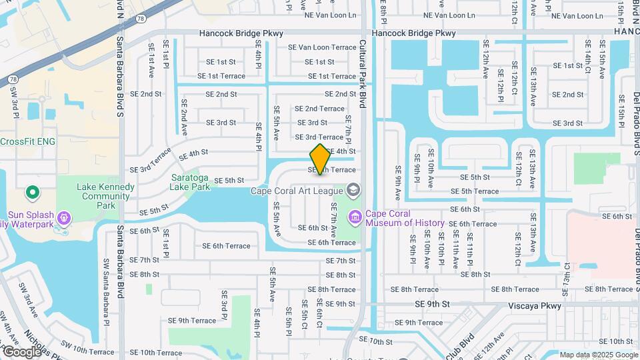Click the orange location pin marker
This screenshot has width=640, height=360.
click(320, 159)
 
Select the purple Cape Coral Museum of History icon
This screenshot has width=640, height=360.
click(355, 217)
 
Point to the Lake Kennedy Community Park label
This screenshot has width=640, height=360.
click(97, 197)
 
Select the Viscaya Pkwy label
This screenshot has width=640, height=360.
click(533, 305)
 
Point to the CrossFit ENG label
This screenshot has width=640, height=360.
click(27, 141)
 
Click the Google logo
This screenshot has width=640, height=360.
click(21, 351)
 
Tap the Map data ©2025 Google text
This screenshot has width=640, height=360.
click(599, 355)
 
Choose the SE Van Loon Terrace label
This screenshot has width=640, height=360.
click(322, 47)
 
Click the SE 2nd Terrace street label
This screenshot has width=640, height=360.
click(319, 109)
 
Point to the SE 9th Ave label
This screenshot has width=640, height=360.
click(398, 183)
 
